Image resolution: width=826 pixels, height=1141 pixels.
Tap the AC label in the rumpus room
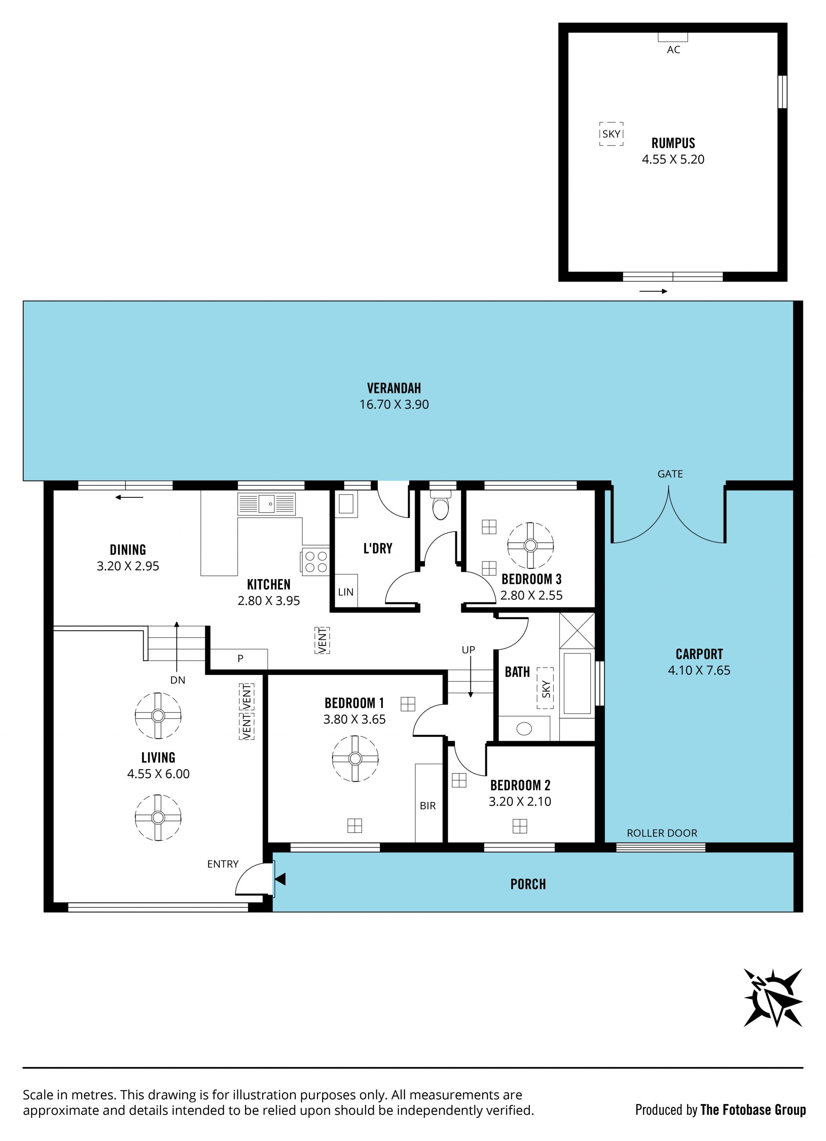(x=674, y=50)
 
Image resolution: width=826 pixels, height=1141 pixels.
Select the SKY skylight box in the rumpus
(x=611, y=134)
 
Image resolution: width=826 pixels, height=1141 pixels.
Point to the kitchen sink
(x=267, y=503)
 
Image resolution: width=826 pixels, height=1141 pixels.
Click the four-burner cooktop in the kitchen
(x=315, y=561)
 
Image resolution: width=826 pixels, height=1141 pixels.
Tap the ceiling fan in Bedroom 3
(x=530, y=546)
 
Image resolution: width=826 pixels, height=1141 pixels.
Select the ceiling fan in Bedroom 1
(x=355, y=758)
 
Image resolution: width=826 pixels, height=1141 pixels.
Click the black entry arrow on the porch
(x=280, y=879)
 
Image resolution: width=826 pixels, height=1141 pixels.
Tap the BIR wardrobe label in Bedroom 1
(x=428, y=806)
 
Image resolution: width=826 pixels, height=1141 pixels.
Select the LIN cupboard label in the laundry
(x=345, y=592)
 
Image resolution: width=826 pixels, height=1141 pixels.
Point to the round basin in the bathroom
(x=524, y=728)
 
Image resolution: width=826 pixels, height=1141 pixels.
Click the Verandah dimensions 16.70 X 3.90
(x=394, y=404)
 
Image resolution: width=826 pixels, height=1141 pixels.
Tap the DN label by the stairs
(x=178, y=680)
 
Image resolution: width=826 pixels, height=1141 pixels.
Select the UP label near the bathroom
(x=468, y=650)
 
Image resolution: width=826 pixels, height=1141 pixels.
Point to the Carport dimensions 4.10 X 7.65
(x=699, y=670)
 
